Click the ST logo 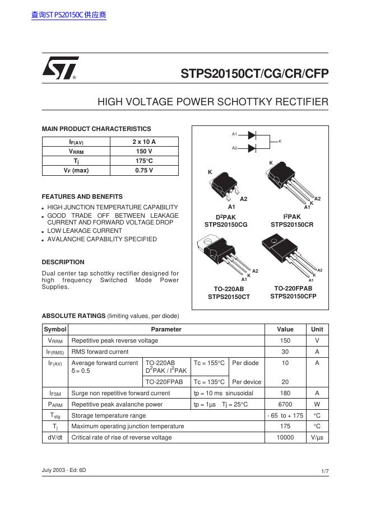coord(60,68)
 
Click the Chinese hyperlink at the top coord(69,15)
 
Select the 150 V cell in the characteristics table coord(144,152)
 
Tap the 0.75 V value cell coord(144,170)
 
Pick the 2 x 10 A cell coord(144,142)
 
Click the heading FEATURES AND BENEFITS coord(82,197)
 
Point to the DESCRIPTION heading coord(63,262)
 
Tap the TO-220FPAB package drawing coord(286,254)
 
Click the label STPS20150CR coord(292,224)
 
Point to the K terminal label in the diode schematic coord(280,142)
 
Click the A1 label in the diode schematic coord(235,134)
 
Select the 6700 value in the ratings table coord(285,404)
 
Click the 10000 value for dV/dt coord(285,437)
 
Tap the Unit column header coord(317,330)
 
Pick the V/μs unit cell coord(317,437)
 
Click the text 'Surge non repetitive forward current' coord(120,394)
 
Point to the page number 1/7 coord(325,472)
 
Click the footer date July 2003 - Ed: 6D coord(64,470)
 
